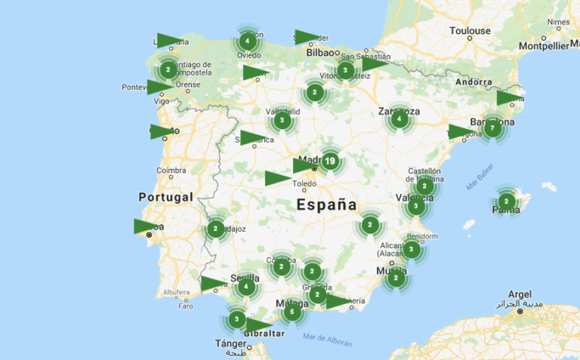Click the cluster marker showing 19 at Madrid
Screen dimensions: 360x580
[330, 161]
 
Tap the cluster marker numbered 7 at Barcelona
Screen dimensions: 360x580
[492, 128]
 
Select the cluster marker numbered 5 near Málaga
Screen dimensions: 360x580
[292, 311]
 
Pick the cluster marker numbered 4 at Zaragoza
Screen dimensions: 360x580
[399, 118]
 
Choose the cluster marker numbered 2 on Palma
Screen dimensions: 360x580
[506, 202]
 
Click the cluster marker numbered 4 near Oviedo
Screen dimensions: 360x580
[248, 42]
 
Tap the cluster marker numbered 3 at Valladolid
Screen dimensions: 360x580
[282, 120]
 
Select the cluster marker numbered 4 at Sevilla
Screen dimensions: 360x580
[245, 286]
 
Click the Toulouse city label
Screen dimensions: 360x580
[470, 31]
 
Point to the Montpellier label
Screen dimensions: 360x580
[544, 46]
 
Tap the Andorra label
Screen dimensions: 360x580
[474, 82]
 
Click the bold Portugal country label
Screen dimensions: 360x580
[165, 197]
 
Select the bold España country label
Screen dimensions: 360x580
[326, 205]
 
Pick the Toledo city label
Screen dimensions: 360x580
[304, 183]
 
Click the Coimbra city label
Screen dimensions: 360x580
[171, 171]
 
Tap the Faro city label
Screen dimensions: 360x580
[185, 306]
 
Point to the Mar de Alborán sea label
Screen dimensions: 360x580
[326, 338]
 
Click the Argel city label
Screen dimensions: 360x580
[520, 294]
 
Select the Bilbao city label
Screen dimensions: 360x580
[320, 53]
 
